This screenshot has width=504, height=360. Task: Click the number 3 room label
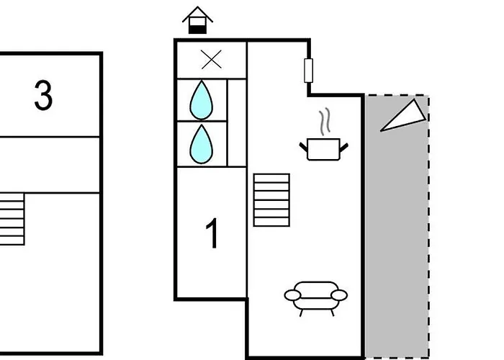tap(43, 96)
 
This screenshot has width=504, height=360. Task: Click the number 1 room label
tap(212, 235)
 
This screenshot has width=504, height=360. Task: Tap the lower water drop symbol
tap(202, 143)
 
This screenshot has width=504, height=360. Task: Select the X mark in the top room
tap(212, 60)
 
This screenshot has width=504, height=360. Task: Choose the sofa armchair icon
tap(316, 294)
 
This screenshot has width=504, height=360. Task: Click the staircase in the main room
tap(271, 199)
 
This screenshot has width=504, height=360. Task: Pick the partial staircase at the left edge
tap(12, 218)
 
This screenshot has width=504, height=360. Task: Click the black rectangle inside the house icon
tap(197, 28)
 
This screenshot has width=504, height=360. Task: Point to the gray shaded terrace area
tap(396, 238)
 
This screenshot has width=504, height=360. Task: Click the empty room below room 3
tap(50, 164)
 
